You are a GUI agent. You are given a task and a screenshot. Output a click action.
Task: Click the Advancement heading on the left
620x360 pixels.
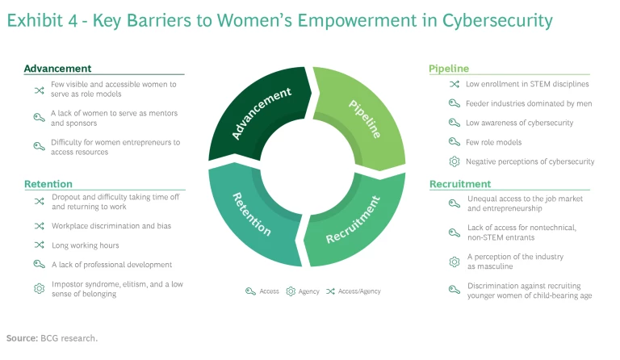pos(57,69)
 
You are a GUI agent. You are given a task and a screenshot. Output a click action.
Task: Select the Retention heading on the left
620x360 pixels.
pos(48,184)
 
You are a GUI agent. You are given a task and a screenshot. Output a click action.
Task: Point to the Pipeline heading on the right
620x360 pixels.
pos(449,69)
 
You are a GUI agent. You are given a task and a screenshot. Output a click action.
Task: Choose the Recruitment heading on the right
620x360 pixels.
pos(460,184)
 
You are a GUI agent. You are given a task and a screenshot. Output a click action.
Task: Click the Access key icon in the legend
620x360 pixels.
pos(250,291)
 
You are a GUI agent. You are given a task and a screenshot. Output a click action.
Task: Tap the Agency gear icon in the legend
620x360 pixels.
pos(291,291)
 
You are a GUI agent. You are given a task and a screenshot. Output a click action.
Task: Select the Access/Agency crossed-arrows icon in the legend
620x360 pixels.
pos(330,291)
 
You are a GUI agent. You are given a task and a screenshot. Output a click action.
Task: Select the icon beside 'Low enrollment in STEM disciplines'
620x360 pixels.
pos(454,83)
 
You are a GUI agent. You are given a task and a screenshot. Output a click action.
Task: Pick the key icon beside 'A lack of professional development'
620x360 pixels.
pos(38,264)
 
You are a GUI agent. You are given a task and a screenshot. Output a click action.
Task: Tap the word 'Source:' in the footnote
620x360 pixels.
pos(21,337)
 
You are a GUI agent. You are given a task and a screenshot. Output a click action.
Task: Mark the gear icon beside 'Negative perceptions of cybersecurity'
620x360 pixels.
pos(454,161)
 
